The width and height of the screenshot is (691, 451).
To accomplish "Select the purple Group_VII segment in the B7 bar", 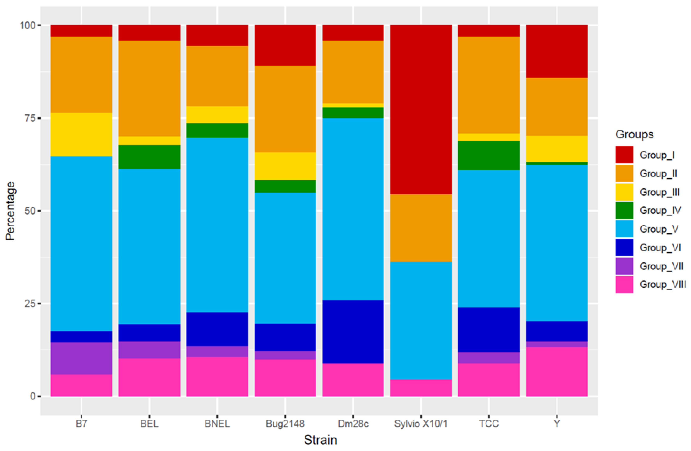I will click(81, 358).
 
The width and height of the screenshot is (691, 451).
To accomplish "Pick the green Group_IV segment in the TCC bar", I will click(489, 155).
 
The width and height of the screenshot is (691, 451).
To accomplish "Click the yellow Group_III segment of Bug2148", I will click(285, 166).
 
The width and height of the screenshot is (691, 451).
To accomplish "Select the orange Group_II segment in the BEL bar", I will click(149, 88).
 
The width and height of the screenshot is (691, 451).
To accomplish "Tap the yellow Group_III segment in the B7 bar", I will click(81, 135).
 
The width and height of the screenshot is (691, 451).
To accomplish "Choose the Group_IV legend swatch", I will click(624, 210).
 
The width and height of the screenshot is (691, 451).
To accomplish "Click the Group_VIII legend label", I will click(663, 284).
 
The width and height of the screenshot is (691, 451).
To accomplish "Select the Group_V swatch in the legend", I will click(624, 229).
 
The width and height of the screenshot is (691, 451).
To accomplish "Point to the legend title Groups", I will click(634, 134).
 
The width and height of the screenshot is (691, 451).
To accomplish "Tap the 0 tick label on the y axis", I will click(33, 396).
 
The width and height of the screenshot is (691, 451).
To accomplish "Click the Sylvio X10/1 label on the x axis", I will click(421, 424).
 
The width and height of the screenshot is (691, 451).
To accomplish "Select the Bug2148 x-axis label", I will click(285, 424).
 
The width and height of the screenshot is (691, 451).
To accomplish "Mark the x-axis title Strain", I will click(320, 440).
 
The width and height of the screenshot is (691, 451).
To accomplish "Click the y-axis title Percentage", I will click(11, 211).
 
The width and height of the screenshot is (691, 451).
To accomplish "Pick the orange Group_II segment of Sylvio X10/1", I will click(421, 228).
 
